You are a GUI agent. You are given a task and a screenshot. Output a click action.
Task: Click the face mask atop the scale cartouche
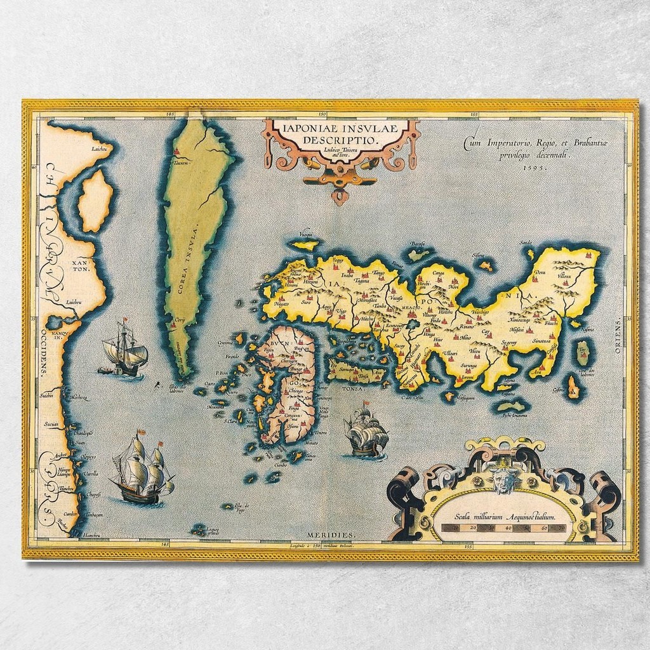(504, 481)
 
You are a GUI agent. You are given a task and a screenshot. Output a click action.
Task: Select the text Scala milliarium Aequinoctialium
(504, 517)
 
